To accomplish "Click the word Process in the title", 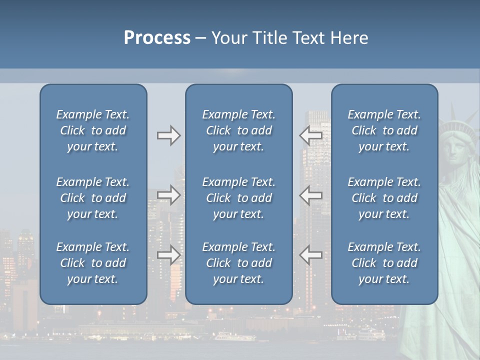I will click(x=157, y=38).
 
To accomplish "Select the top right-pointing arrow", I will click(x=168, y=135).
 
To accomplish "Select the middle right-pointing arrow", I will click(x=168, y=195).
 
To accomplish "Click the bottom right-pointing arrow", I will click(x=168, y=255).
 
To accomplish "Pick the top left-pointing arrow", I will click(x=310, y=135).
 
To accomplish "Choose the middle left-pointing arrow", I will click(x=310, y=195).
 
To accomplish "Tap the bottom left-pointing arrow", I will click(x=310, y=255).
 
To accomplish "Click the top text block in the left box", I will click(x=93, y=130).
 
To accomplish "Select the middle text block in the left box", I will click(x=93, y=198).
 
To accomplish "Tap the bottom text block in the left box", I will click(x=93, y=263).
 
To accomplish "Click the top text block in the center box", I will click(x=238, y=130).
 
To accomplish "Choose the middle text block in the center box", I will click(x=238, y=198).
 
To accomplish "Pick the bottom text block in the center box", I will click(x=238, y=263).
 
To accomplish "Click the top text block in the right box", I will click(x=384, y=130).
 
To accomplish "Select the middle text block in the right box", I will click(x=384, y=198).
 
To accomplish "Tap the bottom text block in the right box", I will click(x=384, y=263).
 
